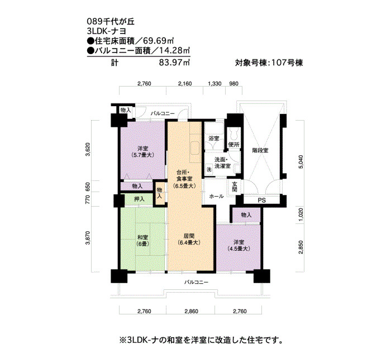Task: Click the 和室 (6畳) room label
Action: click(142, 241)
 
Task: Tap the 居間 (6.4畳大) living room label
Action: click(189, 239)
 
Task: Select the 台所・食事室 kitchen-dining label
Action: click(184, 179)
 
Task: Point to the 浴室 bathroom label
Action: click(214, 138)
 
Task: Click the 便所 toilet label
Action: click(234, 144)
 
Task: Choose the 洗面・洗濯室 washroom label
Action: click(223, 163)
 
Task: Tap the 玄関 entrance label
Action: click(235, 187)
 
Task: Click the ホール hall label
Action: click(217, 196)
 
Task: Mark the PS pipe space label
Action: click(262, 200)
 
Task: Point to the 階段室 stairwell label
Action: click(260, 151)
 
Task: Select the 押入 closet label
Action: click(139, 199)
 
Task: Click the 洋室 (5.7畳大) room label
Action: click(142, 151)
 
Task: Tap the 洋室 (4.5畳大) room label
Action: click(239, 245)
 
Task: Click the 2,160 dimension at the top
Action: click(185, 84)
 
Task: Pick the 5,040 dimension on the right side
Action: click(301, 162)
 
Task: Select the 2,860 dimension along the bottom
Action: click(191, 311)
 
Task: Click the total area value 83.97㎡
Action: click(174, 63)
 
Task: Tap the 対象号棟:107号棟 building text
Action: click(269, 63)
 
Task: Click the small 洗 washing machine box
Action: click(209, 169)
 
